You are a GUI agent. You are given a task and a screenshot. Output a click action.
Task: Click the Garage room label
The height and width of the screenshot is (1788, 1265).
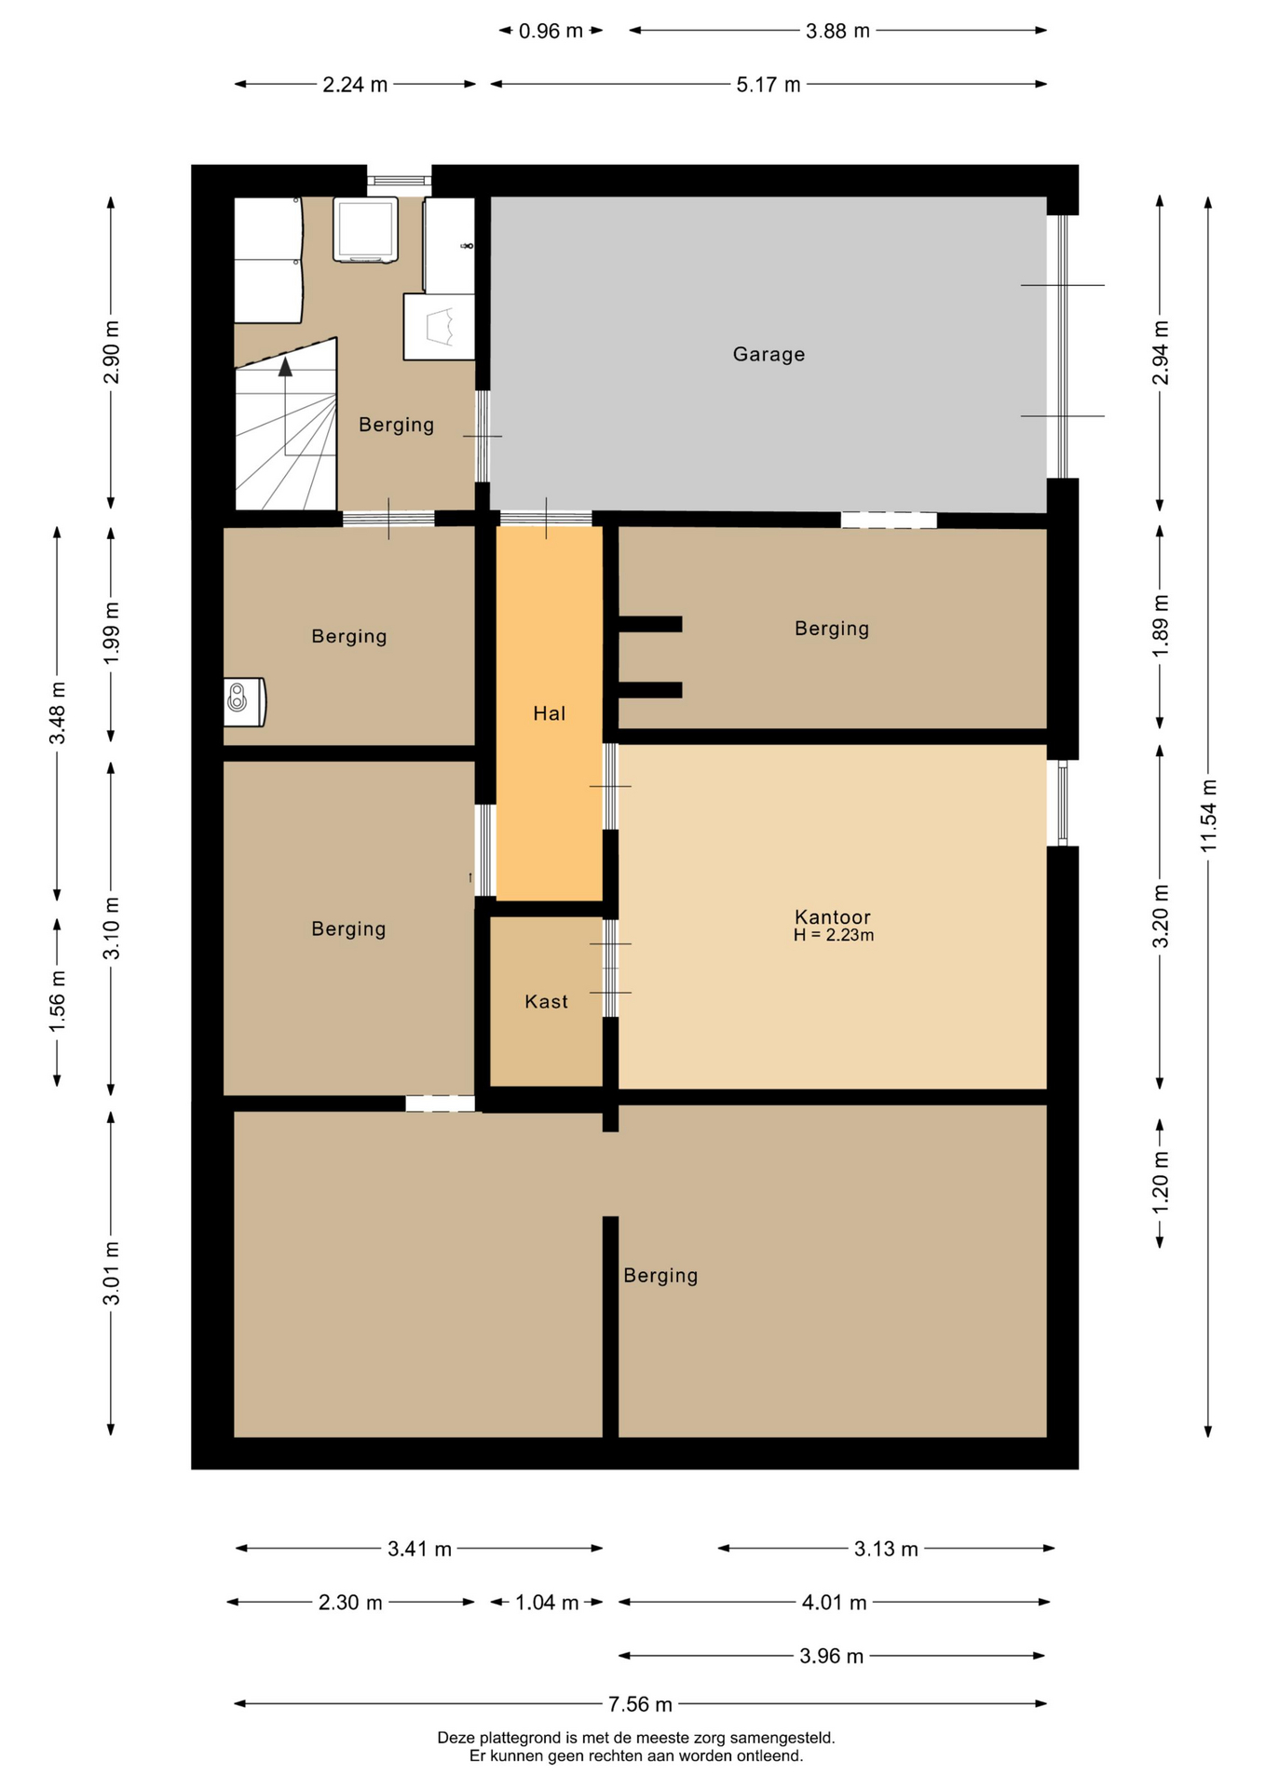pyautogui.click(x=769, y=354)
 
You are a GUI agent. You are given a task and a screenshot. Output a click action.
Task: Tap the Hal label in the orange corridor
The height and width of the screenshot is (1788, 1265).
pyautogui.click(x=549, y=713)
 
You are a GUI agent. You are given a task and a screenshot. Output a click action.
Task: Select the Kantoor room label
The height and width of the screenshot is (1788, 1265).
pyautogui.click(x=832, y=916)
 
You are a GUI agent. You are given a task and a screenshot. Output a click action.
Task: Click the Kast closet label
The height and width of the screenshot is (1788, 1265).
pyautogui.click(x=546, y=1001)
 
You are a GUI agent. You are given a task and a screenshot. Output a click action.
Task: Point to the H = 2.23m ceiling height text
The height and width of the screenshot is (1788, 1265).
pyautogui.click(x=834, y=935)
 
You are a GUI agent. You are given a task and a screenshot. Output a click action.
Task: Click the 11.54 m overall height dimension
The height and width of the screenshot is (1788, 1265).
pyautogui.click(x=1208, y=816)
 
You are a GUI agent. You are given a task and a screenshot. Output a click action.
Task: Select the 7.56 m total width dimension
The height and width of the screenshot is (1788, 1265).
pyautogui.click(x=640, y=1704)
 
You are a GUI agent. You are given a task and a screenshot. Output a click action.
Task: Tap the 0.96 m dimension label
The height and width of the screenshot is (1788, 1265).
pyautogui.click(x=551, y=31)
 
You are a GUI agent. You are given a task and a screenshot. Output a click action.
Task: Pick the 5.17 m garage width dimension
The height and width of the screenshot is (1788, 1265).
pyautogui.click(x=769, y=85)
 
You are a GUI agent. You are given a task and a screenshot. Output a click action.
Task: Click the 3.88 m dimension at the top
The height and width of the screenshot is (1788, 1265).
pyautogui.click(x=837, y=31)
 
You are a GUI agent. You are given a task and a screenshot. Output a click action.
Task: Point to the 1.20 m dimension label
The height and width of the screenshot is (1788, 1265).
pyautogui.click(x=1161, y=1182)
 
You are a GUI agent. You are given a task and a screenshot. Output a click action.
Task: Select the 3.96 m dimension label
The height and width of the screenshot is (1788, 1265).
pyautogui.click(x=831, y=1656)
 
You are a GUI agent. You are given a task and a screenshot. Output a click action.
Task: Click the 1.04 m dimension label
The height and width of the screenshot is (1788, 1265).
pyautogui.click(x=547, y=1603)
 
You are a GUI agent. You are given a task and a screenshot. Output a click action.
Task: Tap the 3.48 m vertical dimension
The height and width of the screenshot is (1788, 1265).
pyautogui.click(x=58, y=712)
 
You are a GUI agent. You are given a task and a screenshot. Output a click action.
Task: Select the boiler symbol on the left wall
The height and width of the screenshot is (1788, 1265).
pyautogui.click(x=245, y=702)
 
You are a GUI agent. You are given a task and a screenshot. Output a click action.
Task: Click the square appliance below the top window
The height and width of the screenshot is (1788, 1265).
pyautogui.click(x=366, y=229)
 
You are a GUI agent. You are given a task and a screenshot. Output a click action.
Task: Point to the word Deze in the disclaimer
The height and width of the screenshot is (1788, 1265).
pyautogui.click(x=456, y=1738)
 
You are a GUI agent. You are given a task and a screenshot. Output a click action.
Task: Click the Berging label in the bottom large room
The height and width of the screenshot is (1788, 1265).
pyautogui.click(x=660, y=1275)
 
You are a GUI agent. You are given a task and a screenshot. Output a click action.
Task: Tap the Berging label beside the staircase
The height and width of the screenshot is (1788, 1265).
pyautogui.click(x=396, y=425)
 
